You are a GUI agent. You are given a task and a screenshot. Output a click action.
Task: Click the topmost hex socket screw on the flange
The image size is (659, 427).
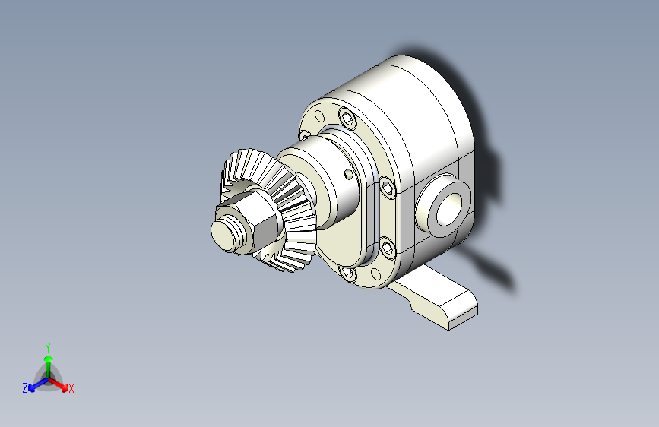coord(348,118)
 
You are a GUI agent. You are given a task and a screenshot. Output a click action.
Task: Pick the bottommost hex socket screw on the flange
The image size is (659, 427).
coord(348,273)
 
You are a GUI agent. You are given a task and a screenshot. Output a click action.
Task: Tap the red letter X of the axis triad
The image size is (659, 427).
coord(71,389)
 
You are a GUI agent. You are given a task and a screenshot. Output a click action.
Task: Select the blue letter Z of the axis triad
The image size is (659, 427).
coord(25,388)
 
